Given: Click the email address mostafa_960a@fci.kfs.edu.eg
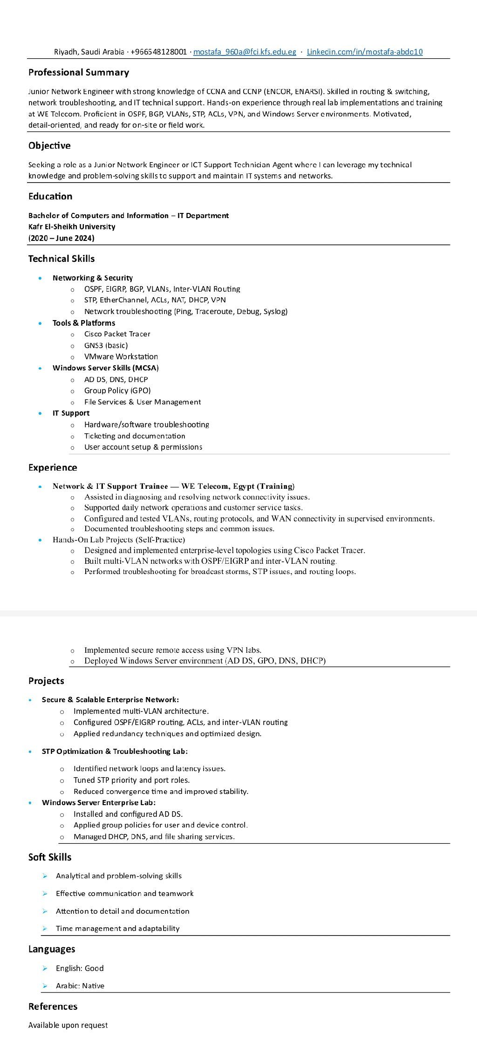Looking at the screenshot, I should (x=245, y=52).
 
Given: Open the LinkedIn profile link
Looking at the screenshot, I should (x=364, y=52).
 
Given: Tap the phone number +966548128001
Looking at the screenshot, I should (x=159, y=52).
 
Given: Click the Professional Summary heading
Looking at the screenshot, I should (x=78, y=72).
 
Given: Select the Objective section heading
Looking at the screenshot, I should (x=49, y=145).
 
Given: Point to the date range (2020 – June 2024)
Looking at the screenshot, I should (x=61, y=238).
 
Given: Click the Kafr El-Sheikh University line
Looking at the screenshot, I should (x=72, y=226).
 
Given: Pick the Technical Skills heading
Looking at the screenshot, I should (x=61, y=259).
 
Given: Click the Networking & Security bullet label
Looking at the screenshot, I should (x=92, y=278).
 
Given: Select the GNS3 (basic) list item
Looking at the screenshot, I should (x=106, y=345).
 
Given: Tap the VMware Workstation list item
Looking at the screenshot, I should (x=121, y=356).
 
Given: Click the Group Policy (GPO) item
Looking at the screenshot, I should (x=117, y=390).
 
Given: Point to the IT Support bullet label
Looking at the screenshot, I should (x=71, y=413).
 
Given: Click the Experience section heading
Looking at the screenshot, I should (x=53, y=467).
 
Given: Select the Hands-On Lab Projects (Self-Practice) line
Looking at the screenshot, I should (x=119, y=540).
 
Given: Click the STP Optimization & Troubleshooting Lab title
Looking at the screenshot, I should (x=115, y=751).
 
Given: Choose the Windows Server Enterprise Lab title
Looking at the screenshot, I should (x=99, y=802).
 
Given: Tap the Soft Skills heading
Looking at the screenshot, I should (x=50, y=857).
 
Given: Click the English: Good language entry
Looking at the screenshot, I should (x=80, y=968).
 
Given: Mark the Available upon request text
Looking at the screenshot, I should (x=68, y=1025).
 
